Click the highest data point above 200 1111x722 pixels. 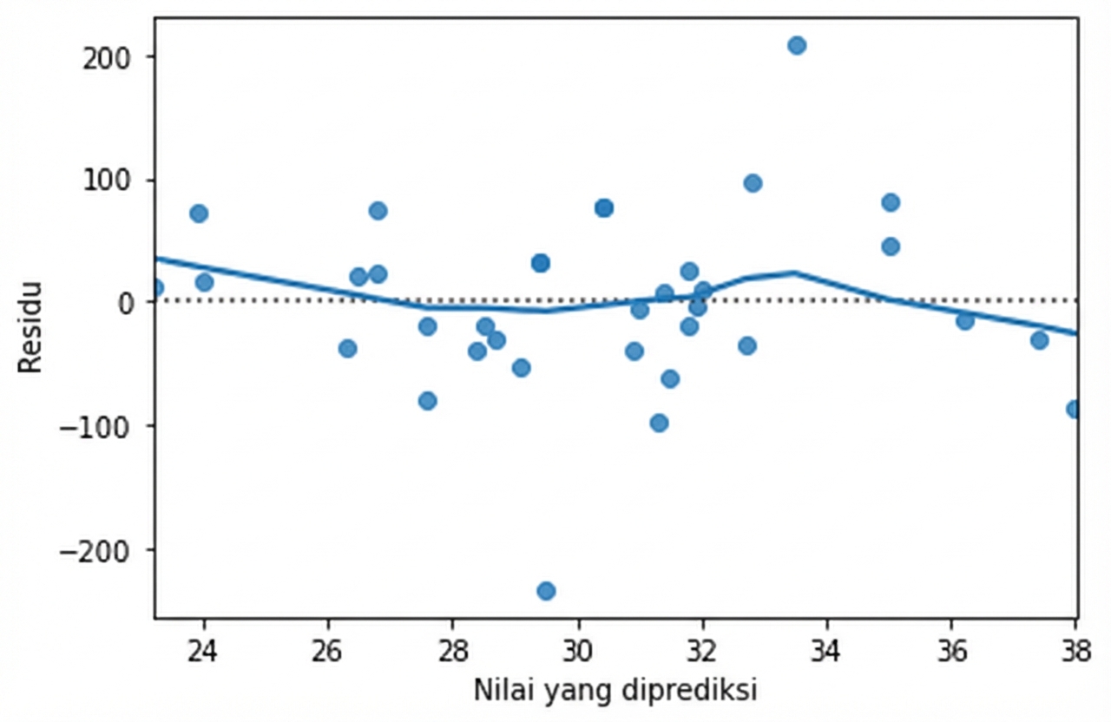797,45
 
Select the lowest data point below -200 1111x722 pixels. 546,591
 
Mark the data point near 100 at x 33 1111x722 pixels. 753,183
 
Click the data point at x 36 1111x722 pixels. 964,321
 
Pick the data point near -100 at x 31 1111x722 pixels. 659,423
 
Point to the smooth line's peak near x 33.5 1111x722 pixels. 794,272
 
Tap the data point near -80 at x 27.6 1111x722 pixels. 427,401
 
